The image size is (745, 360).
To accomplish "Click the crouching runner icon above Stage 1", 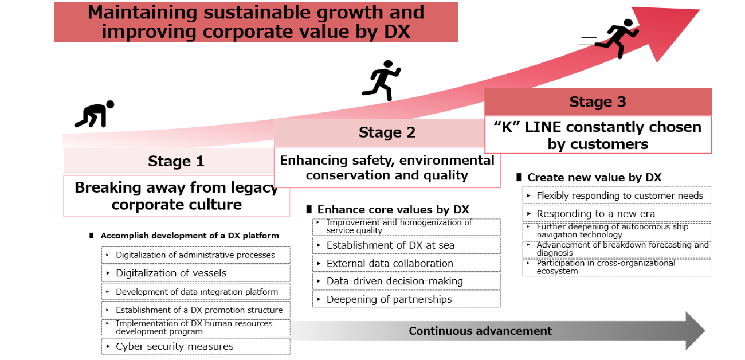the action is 95,114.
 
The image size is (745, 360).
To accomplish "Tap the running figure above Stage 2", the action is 382,80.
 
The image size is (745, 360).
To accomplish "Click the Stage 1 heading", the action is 177,161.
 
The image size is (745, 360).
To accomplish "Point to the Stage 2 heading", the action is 387,132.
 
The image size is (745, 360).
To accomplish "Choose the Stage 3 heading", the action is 598,102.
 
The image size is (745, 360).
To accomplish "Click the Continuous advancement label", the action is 480,331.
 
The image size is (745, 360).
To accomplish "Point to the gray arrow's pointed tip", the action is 705,331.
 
